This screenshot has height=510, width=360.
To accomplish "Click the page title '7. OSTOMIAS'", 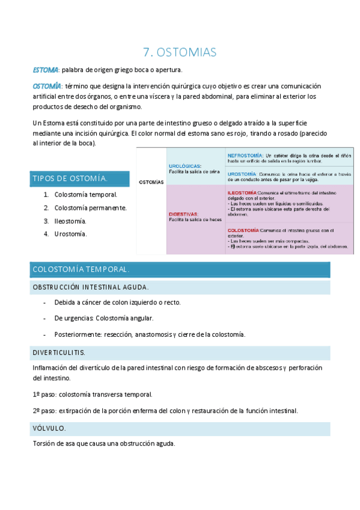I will point(180,52).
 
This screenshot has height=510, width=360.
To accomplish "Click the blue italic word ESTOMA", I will point(45,70).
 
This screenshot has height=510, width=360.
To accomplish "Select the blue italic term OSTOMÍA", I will point(46,86).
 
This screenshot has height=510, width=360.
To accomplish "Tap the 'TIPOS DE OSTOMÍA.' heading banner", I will point(70,179).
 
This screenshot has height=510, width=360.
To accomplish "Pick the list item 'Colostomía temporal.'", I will point(85,194).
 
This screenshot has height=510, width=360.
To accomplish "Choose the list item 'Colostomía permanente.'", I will point(90,207).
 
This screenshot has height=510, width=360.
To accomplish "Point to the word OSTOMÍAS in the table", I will point(151,182).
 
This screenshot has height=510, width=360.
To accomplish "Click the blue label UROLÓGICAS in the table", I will point(185,166).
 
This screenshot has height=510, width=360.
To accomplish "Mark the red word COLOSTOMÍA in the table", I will point(243,230).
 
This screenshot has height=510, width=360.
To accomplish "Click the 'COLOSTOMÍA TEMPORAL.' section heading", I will point(80,269).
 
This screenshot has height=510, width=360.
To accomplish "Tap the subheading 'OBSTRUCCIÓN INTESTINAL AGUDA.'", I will point(90,287).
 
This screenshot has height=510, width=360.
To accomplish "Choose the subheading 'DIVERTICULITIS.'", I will point(59,352).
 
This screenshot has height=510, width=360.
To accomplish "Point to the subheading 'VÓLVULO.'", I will point(49,428).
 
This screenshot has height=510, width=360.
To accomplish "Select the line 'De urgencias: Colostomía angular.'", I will point(103,318).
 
